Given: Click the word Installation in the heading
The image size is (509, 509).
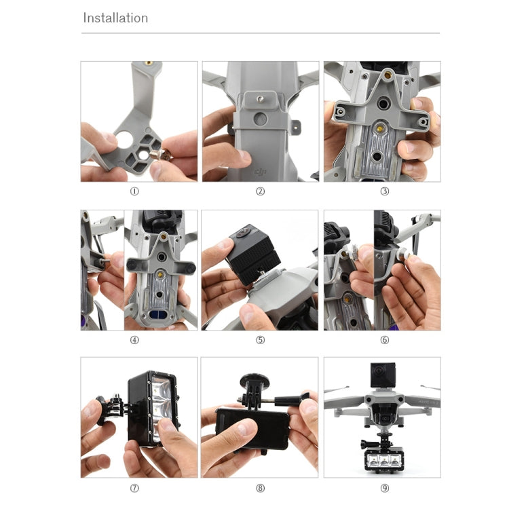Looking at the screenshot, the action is (115, 18).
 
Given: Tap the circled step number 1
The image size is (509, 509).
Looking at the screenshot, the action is (134, 191).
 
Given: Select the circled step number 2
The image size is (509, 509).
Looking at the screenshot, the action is (261, 191).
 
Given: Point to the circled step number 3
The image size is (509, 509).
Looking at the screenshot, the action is (384, 191).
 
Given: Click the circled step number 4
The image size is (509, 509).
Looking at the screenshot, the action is (134, 340).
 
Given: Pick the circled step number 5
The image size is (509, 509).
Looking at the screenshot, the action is (261, 340).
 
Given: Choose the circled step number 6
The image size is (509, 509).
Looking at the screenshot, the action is (384, 340).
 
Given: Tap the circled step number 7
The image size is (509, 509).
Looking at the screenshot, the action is (134, 488).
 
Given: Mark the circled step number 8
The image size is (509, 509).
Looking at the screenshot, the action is (261, 488).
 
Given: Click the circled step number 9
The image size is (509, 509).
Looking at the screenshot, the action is (384, 488).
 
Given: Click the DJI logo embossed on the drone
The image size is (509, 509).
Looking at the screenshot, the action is (260, 171).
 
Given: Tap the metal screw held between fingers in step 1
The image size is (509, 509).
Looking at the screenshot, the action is (161, 155).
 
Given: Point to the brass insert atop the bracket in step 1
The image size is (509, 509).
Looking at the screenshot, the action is (149, 63).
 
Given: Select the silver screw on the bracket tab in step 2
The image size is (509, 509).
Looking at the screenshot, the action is (260, 98).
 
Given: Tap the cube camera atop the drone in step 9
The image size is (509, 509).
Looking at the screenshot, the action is (383, 375).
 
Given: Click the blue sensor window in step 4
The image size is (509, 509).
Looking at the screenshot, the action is (157, 314).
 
